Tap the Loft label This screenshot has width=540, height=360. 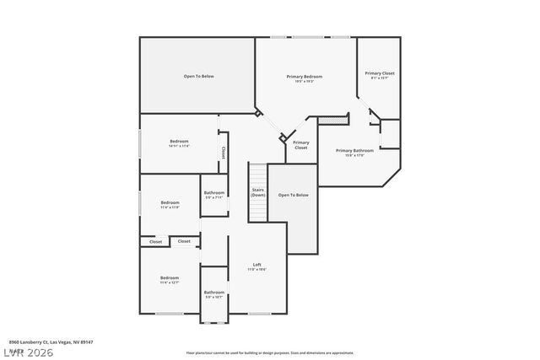point(257,266)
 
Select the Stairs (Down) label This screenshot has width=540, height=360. point(258,192)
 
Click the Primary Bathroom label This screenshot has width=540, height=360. point(354,151)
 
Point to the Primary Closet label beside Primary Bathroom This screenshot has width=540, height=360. point(301,145)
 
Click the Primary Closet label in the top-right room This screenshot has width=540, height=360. point(380,73)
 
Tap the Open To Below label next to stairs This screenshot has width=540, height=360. point(294,195)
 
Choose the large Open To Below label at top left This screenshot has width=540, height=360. point(199,76)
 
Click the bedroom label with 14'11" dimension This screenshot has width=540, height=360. point(179,142)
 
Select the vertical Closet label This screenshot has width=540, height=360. point(223,153)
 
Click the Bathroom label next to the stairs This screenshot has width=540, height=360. point(214,193)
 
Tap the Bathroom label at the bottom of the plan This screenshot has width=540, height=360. point(214,293)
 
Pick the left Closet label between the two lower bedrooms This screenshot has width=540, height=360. point(156,242)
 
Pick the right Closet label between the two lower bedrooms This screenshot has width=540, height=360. point(184,241)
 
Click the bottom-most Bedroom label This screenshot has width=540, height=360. point(170,277)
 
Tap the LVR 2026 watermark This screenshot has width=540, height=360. point(27,350)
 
